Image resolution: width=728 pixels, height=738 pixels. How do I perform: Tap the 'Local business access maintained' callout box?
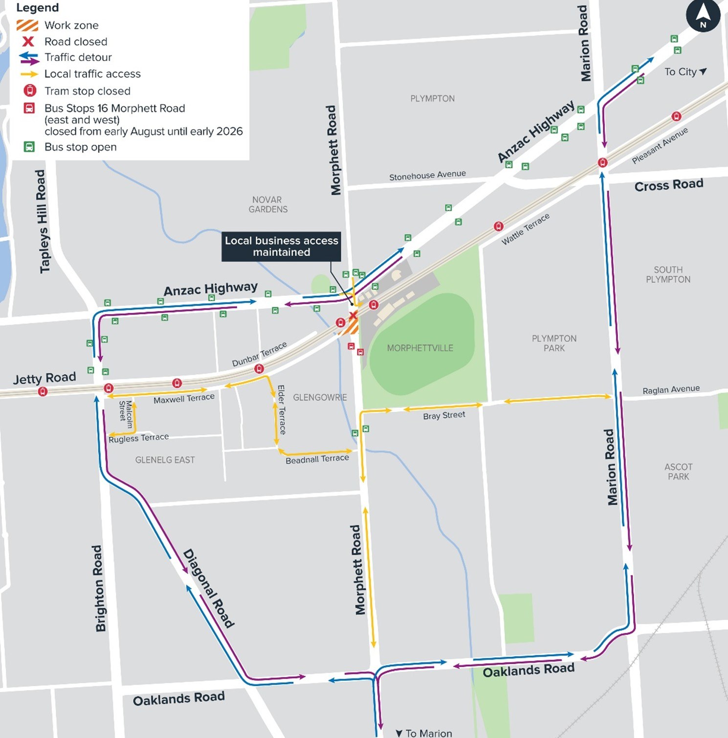(x=281, y=246)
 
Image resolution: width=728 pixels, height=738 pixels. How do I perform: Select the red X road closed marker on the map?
(x=353, y=315)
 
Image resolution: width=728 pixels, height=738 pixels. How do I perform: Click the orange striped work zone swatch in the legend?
(x=27, y=25)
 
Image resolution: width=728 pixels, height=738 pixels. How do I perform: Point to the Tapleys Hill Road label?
(x=42, y=221)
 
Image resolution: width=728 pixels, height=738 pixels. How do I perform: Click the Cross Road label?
(x=668, y=185)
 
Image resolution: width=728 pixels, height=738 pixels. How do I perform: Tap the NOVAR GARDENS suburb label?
(x=267, y=204)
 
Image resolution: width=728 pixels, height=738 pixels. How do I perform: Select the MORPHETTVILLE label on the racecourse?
(x=420, y=348)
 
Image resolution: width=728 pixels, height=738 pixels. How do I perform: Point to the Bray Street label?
(x=444, y=416)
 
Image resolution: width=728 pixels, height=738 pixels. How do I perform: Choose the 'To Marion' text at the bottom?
(x=424, y=733)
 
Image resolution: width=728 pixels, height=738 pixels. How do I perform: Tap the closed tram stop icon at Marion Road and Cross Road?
(x=602, y=162)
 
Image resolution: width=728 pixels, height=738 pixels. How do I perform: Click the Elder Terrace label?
(x=282, y=410)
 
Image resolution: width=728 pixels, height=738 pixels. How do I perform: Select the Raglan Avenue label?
(x=671, y=390)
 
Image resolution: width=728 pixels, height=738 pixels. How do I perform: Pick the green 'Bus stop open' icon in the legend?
(x=29, y=147)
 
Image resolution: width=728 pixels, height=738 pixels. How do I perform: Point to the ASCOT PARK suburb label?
(x=678, y=471)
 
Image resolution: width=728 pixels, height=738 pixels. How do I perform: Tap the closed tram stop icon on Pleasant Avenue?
(x=676, y=116)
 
